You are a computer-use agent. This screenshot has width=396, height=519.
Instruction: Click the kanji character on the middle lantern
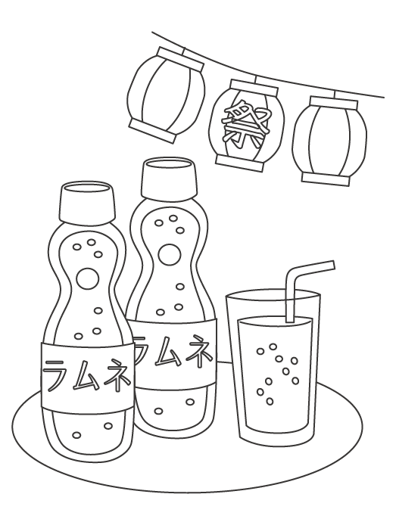pyautogui.click(x=245, y=126)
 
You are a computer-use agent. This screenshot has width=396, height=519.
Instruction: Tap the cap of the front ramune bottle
pyautogui.click(x=87, y=202)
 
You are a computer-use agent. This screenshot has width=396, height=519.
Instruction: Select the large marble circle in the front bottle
pyautogui.click(x=87, y=278)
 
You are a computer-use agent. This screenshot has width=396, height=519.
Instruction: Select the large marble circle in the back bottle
pyautogui.click(x=170, y=255)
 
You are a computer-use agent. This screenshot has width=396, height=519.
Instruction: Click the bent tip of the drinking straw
pyautogui.click(x=332, y=265)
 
